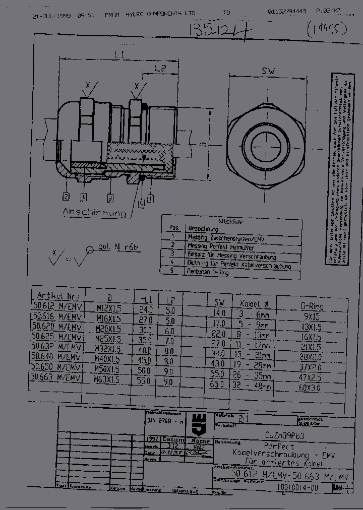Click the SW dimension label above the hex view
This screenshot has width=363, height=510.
point(268,72)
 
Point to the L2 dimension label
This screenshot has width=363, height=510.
point(160,68)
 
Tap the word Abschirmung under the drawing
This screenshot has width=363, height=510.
point(94,214)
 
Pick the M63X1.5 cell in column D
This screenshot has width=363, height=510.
point(108,380)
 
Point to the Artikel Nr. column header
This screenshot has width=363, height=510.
point(56,295)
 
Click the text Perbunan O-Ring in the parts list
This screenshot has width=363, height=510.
point(208,272)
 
